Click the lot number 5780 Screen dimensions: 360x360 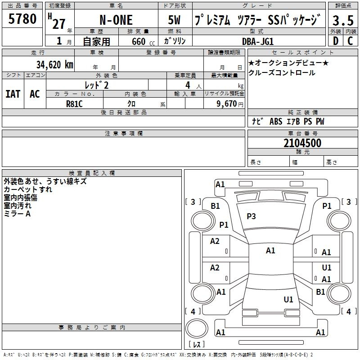(x=22, y=19)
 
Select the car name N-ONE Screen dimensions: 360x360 (x=116, y=20)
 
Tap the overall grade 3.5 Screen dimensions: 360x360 (x=343, y=20)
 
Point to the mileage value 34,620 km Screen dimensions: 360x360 (x=54, y=64)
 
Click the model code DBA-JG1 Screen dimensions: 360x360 (x=258, y=41)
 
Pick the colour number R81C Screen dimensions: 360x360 (x=74, y=104)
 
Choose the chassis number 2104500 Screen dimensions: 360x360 (x=302, y=143)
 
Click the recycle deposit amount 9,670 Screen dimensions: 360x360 (x=226, y=103)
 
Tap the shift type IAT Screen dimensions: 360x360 (x=13, y=94)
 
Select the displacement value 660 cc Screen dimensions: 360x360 (x=143, y=41)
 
